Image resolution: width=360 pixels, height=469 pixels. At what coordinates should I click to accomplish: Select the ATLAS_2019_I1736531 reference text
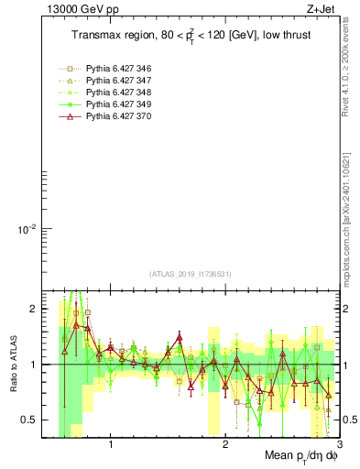(191, 274)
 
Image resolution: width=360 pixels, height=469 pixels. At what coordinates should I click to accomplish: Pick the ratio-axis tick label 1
(32, 365)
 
